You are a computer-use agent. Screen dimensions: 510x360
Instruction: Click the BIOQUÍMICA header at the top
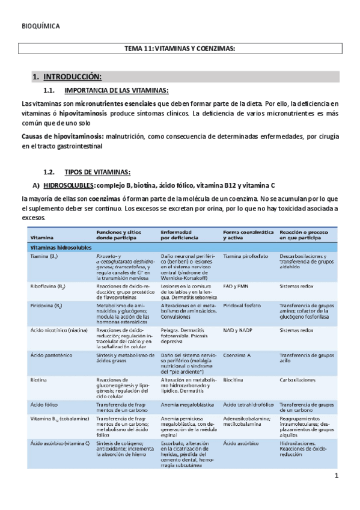(x=41, y=27)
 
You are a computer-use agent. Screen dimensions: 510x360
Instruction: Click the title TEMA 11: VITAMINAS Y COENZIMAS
(x=180, y=49)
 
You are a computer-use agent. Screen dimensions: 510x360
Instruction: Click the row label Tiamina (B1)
(x=43, y=256)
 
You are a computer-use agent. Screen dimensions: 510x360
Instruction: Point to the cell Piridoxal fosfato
(x=243, y=306)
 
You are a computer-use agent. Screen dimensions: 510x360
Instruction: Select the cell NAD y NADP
(x=237, y=330)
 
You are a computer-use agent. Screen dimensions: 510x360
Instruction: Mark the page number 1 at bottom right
(x=337, y=477)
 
